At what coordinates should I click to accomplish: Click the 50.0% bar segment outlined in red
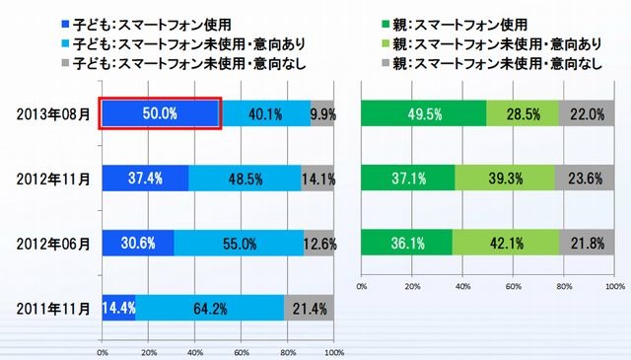[x=160, y=113]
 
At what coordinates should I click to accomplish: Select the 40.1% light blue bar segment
[x=264, y=113]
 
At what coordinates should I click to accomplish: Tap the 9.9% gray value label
[x=322, y=113]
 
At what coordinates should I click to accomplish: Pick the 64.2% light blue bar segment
[x=209, y=308]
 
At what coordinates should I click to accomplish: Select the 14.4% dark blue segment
[x=118, y=308]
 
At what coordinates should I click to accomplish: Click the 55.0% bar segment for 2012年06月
[x=238, y=243]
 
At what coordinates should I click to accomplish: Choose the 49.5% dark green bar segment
[x=424, y=113]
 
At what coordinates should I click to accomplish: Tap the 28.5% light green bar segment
[x=523, y=113]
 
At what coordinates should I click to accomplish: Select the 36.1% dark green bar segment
[x=407, y=243]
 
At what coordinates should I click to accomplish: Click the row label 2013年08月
[x=54, y=113]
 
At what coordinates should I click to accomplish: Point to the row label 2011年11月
[x=54, y=308]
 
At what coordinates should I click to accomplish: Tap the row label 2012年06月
[x=54, y=243]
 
